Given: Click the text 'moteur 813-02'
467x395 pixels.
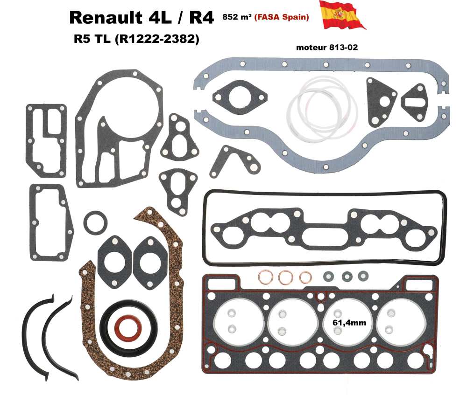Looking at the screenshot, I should tap(327, 48).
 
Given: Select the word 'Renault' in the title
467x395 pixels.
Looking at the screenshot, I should tap(108, 18).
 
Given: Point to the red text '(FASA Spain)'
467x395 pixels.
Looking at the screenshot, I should tap(282, 17).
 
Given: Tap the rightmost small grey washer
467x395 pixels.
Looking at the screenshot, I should tap(362, 276).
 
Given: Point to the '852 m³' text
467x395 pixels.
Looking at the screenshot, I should tap(238, 18).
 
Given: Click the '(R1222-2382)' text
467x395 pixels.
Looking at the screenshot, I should tap(156, 40).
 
